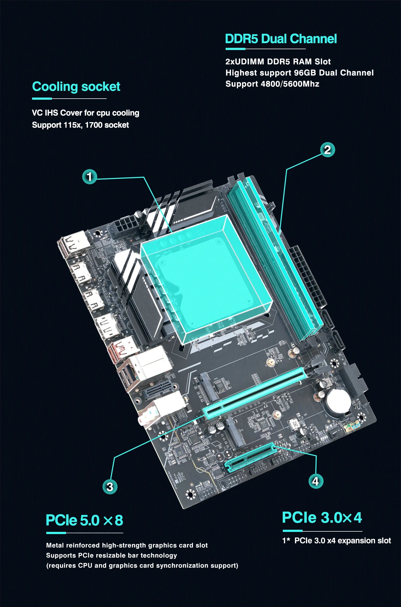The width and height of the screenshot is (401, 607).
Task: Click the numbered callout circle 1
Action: (x=90, y=176)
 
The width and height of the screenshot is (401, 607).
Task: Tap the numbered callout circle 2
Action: (x=327, y=150)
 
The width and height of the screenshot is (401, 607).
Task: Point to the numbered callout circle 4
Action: (x=316, y=481)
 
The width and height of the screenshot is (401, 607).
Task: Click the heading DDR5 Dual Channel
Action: (x=281, y=39)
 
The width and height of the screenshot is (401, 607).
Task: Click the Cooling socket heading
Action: (x=76, y=87)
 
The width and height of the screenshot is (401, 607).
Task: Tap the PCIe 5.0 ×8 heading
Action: (x=84, y=520)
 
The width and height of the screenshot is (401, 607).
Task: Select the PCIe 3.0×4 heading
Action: (x=322, y=517)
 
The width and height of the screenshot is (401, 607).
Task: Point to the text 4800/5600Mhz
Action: (x=290, y=84)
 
